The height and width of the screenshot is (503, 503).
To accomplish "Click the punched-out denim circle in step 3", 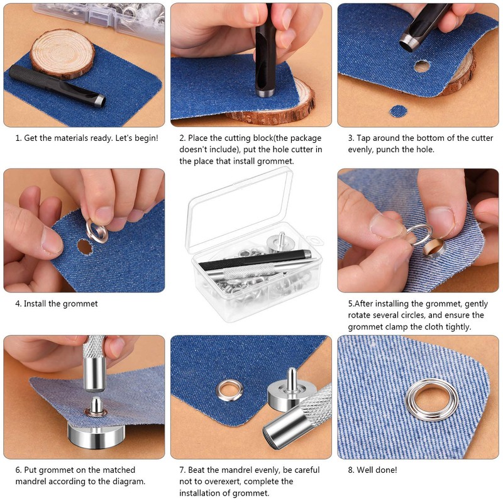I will point(398,111).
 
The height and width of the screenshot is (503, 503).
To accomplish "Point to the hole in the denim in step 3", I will point(422,65).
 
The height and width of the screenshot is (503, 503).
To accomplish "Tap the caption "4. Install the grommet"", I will point(57,304).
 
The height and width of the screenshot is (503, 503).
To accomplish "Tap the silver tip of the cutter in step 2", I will point(263,93).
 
